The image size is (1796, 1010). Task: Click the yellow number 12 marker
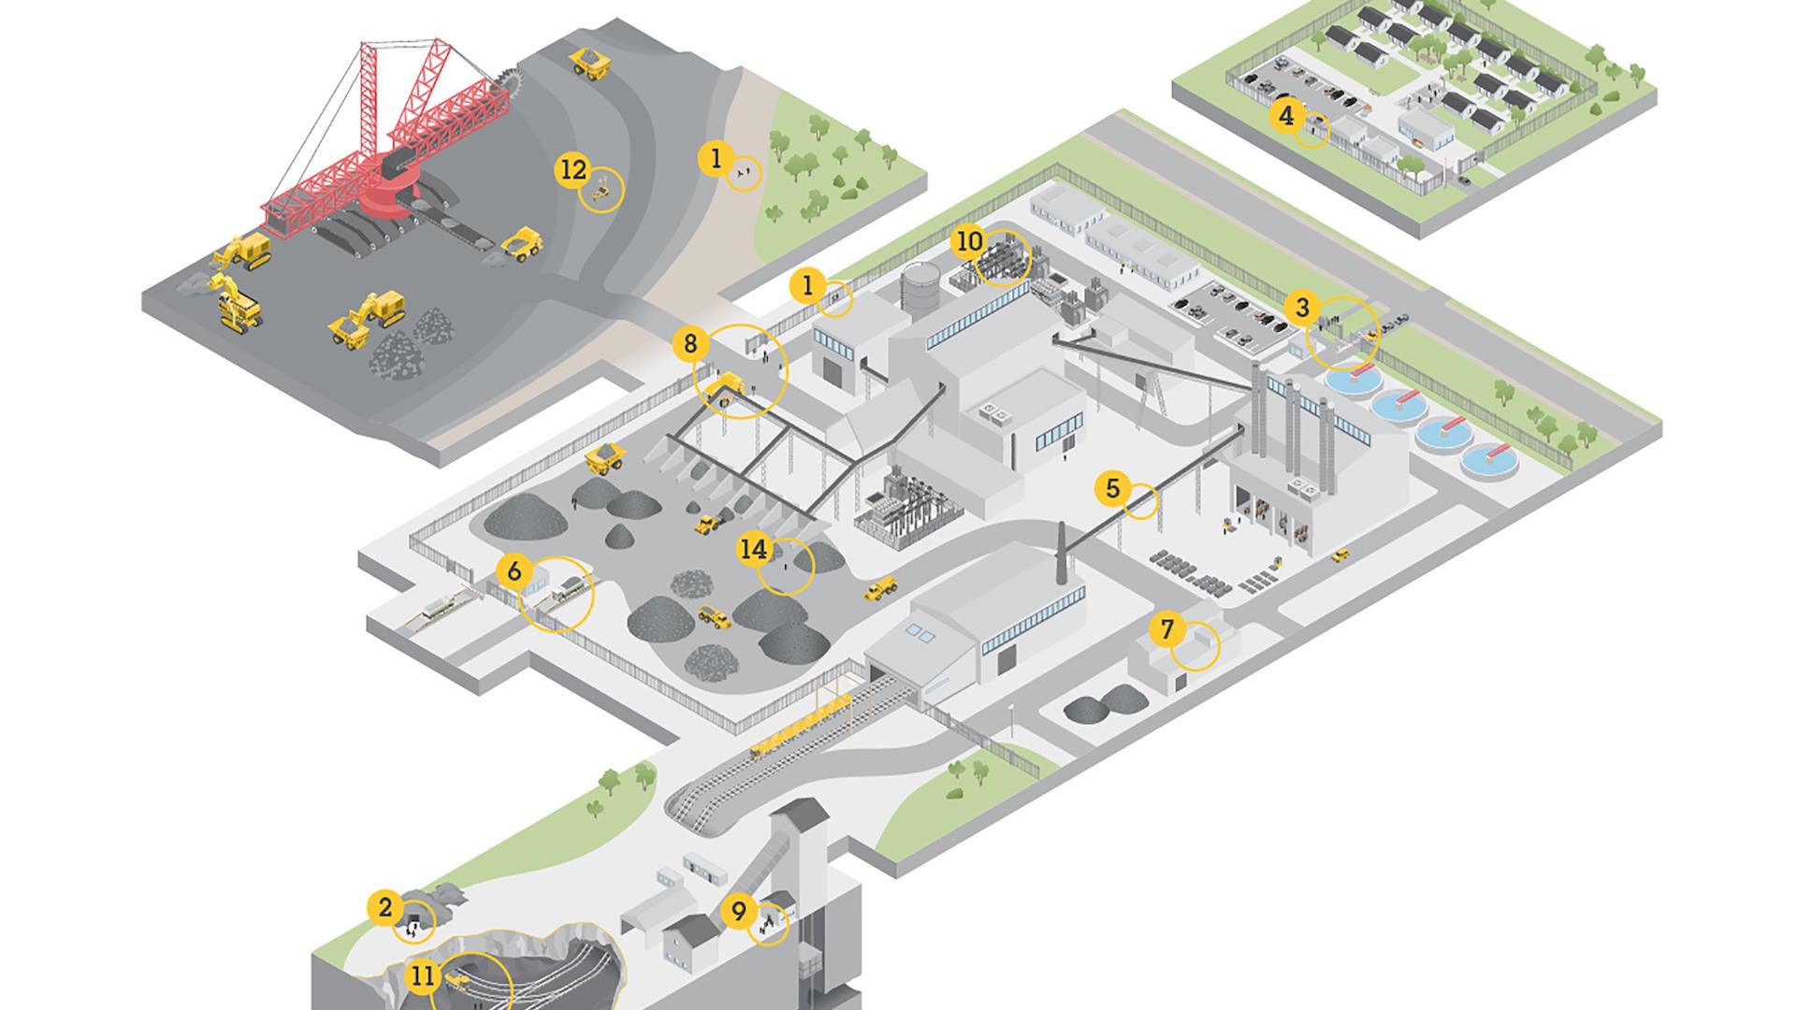pos(572,170)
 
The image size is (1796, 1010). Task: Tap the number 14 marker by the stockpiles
pos(753,549)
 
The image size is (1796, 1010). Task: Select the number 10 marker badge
pos(969,241)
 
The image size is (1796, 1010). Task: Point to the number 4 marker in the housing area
pos(1286,116)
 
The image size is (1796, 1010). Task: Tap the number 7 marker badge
pos(1166,629)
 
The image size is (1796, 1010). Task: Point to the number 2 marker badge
pos(384,907)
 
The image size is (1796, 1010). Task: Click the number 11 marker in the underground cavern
pos(423,976)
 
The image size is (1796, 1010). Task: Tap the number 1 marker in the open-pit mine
pos(716,159)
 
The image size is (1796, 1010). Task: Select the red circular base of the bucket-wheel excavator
pos(393,196)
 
